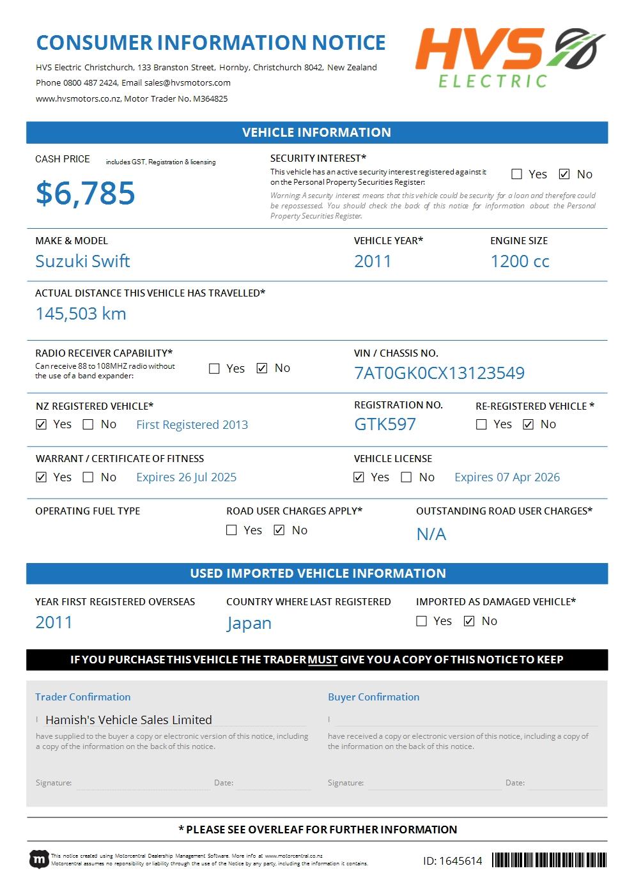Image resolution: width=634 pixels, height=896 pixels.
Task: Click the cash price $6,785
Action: pyautogui.click(x=85, y=193)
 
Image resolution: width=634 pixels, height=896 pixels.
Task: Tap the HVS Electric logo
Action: pyautogui.click(x=510, y=57)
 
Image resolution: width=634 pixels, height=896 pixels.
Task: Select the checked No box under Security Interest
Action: pyautogui.click(x=564, y=174)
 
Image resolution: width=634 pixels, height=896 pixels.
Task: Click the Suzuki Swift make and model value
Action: pyautogui.click(x=82, y=261)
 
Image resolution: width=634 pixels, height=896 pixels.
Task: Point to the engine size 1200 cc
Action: pyautogui.click(x=520, y=261)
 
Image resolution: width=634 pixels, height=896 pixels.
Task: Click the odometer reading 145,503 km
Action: pyautogui.click(x=81, y=314)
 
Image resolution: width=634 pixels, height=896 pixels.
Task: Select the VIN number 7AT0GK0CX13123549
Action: pyautogui.click(x=439, y=373)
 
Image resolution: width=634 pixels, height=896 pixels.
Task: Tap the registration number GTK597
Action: pyautogui.click(x=385, y=424)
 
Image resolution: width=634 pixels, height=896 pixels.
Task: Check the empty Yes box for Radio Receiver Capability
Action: pyautogui.click(x=215, y=369)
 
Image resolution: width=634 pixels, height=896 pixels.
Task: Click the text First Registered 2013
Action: pyautogui.click(x=192, y=425)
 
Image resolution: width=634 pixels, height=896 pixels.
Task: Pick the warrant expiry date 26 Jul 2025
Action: pyautogui.click(x=186, y=477)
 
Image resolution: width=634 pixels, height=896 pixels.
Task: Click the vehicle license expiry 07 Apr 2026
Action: pyautogui.click(x=507, y=477)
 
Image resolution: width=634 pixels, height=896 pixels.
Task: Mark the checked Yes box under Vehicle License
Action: pyautogui.click(x=359, y=477)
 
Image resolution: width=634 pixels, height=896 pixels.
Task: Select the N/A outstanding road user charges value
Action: pyautogui.click(x=431, y=534)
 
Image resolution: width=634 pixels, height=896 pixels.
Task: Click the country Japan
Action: pyautogui.click(x=249, y=623)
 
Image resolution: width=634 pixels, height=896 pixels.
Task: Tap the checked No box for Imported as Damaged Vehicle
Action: pyautogui.click(x=469, y=621)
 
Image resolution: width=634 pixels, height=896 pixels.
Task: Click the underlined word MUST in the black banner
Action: pyautogui.click(x=322, y=660)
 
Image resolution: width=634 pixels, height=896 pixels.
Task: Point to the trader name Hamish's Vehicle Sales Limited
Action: pyautogui.click(x=128, y=720)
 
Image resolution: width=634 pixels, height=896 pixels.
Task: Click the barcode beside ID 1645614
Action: pyautogui.click(x=549, y=860)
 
